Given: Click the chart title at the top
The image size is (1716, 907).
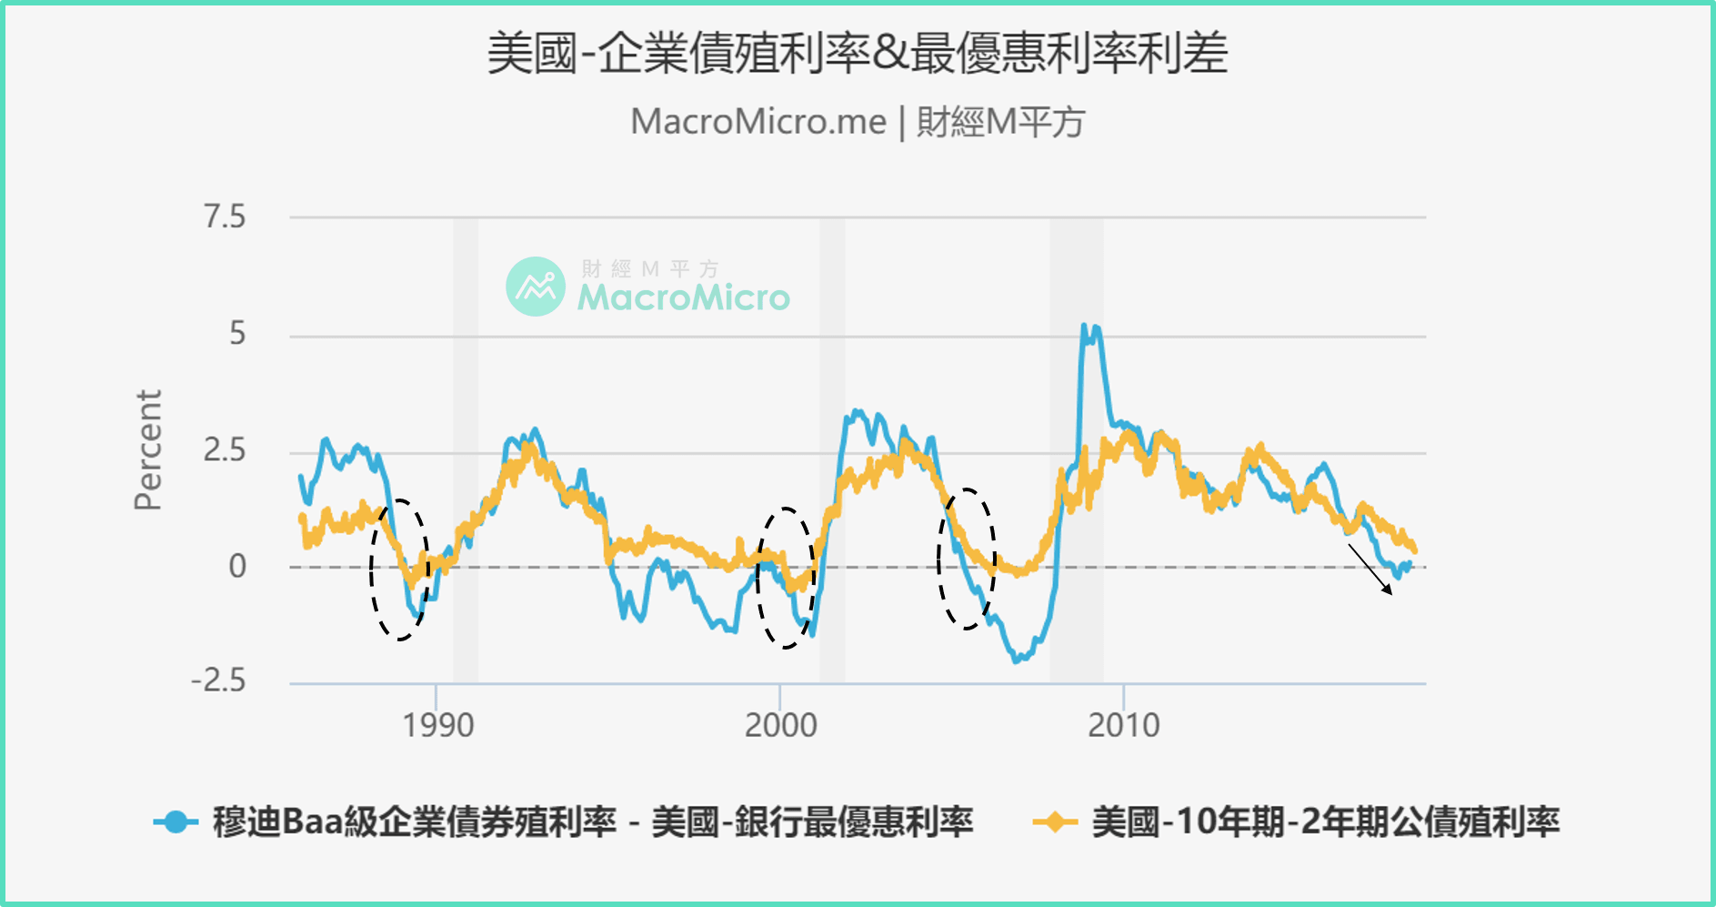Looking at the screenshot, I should pos(857,53).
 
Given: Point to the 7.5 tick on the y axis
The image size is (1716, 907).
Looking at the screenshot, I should pos(225,217).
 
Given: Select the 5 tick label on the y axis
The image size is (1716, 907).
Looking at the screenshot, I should pos(237,334).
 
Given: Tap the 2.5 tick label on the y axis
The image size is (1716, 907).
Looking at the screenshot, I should pos(225,450).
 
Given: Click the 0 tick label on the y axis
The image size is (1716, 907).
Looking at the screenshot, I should pos(237,567).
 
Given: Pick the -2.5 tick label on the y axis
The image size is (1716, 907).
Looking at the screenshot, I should pos(218,680).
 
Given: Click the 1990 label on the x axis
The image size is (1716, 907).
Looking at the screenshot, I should pos(437,726).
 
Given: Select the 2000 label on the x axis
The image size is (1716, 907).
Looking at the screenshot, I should pos(780,726).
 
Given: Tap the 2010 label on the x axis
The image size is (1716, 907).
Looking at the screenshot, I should pos(1124,726).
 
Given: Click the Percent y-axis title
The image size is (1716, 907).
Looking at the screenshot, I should pos(147,450).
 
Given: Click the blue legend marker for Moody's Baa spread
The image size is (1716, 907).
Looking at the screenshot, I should pos(176,822).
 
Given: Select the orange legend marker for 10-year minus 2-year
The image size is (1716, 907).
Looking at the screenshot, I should pos(1055,822).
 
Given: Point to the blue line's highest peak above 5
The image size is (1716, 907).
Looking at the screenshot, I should pos(1084,326).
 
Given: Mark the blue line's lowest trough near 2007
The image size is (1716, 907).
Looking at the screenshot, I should pos(1017,660).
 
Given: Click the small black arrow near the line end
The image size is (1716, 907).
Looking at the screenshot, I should pos(1370,569).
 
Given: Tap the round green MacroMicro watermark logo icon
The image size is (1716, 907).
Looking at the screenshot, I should pos(536,287).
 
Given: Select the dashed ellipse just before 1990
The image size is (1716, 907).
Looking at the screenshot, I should pos(399,569).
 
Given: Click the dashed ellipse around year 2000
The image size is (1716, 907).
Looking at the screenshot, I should pos(786,579).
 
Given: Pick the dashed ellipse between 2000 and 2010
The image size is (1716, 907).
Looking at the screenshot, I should pos(967,559).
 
